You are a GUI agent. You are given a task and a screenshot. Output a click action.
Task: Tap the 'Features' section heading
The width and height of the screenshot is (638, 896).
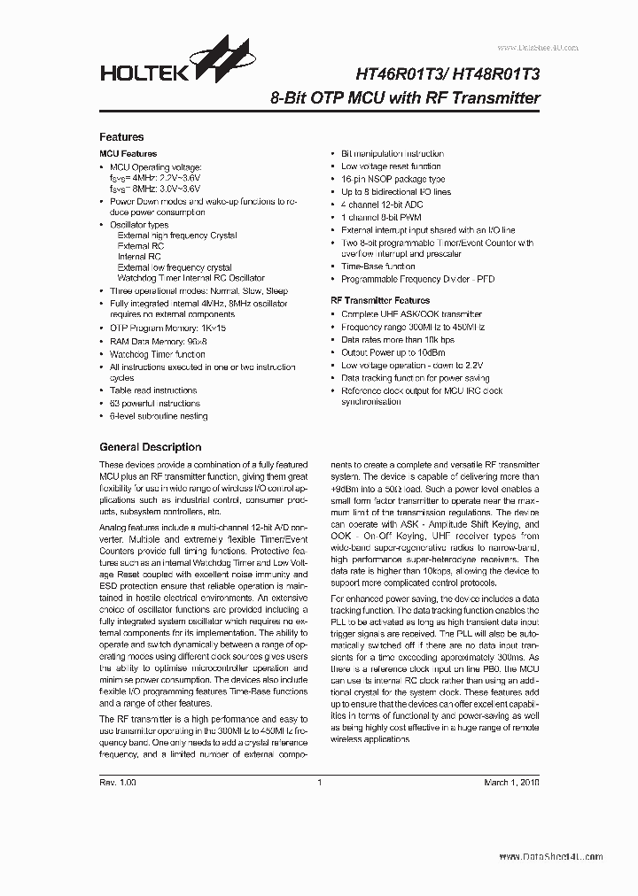click(121, 137)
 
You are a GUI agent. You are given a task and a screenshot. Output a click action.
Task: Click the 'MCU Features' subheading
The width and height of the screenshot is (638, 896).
click(128, 154)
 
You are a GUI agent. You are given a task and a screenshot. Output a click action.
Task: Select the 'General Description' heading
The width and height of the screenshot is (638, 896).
click(150, 447)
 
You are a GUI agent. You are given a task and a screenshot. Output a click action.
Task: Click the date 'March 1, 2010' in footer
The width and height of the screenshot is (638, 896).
click(510, 784)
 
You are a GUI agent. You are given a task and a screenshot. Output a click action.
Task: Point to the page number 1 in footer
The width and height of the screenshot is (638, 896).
click(318, 784)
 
